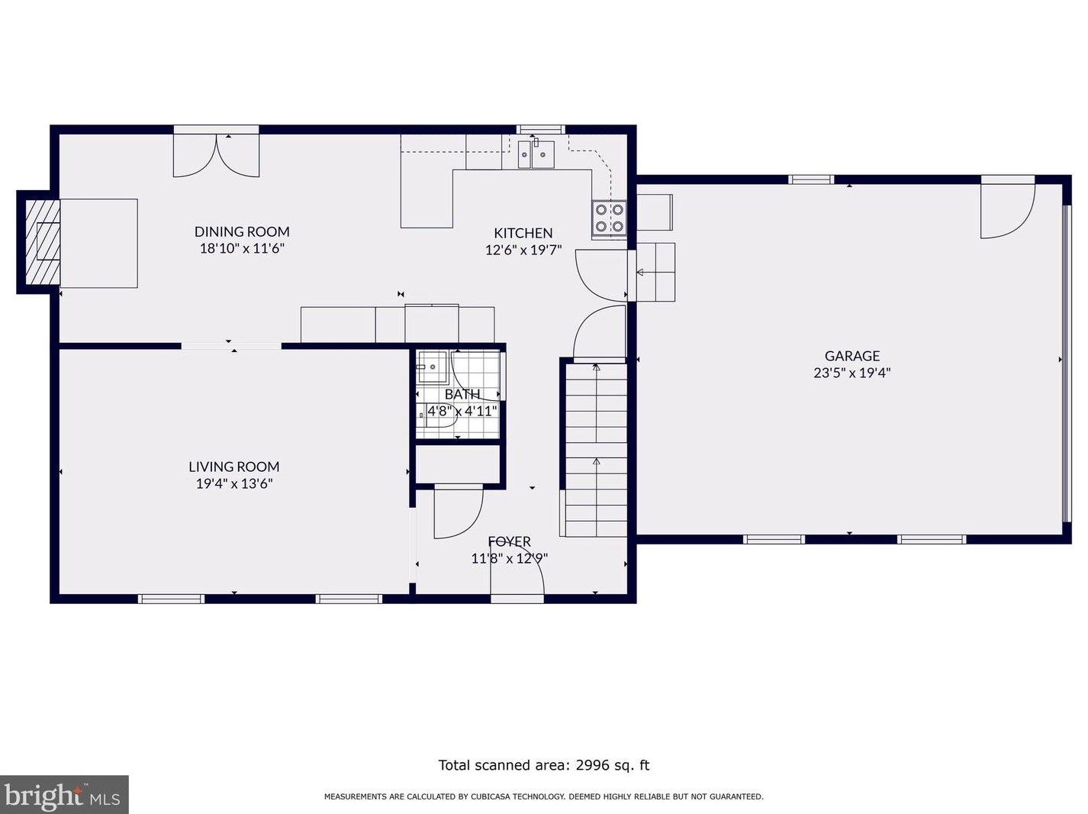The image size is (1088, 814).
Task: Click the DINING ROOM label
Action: tap(242, 231)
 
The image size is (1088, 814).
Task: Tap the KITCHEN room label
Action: tap(523, 233)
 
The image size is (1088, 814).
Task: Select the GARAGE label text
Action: tap(852, 356)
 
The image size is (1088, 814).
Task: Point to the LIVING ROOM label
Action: tap(234, 467)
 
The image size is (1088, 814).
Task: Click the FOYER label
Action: tap(509, 541)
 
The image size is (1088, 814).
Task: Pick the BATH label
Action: tap(462, 394)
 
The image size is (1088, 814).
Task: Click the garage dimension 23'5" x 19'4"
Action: tap(852, 373)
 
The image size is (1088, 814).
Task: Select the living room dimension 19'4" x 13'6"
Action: tap(234, 483)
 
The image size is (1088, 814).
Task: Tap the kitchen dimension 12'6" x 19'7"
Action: tap(523, 250)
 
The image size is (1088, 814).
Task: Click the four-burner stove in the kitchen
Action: tap(609, 218)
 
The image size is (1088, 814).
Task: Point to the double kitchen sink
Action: tap(536, 154)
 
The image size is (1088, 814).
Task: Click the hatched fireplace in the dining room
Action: tap(43, 242)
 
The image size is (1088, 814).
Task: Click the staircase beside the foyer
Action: tap(597, 450)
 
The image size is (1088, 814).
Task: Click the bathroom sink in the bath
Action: tap(433, 367)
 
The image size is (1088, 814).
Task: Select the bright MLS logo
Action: tap(63, 794)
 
